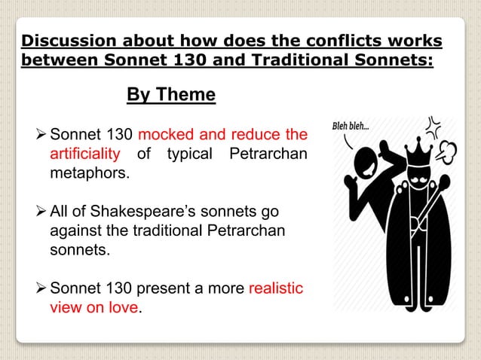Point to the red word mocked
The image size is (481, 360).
(167, 136)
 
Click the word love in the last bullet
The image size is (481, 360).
(124, 308)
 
